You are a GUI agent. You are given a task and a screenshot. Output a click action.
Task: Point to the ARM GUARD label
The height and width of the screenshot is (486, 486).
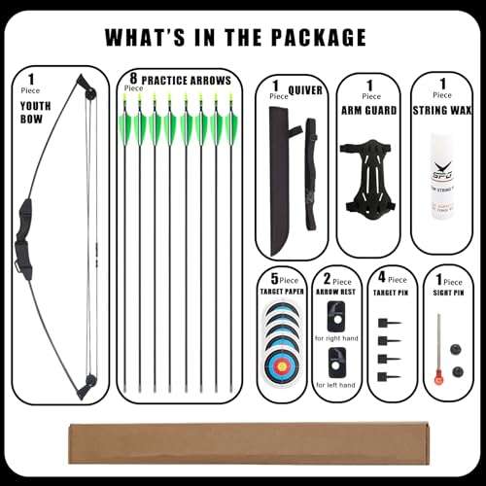(370, 111)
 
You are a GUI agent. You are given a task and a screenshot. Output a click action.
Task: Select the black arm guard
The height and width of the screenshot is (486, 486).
(370, 179)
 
